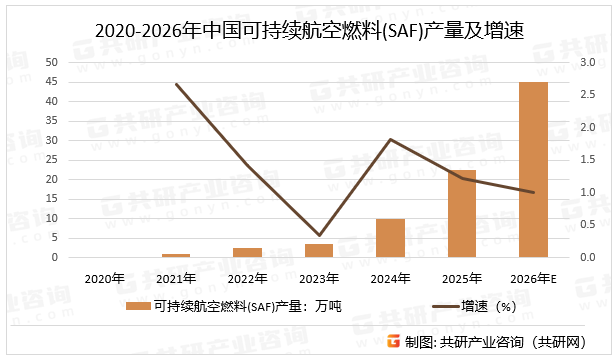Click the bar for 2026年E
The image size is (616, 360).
pyautogui.click(x=533, y=170)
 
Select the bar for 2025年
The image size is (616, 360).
pyautogui.click(x=462, y=214)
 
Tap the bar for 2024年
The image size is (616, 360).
pyautogui.click(x=390, y=238)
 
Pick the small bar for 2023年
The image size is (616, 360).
pyautogui.click(x=319, y=250)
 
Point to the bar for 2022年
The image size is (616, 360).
pyautogui.click(x=248, y=252)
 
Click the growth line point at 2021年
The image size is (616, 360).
pyautogui.click(x=176, y=84)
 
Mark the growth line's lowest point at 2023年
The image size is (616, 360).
pyautogui.click(x=319, y=235)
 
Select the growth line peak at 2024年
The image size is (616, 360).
pyautogui.click(x=390, y=139)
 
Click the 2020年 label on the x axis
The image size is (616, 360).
pyautogui.click(x=105, y=278)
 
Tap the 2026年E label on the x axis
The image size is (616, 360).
pyautogui.click(x=534, y=278)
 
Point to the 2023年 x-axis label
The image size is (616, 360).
pyautogui.click(x=319, y=278)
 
